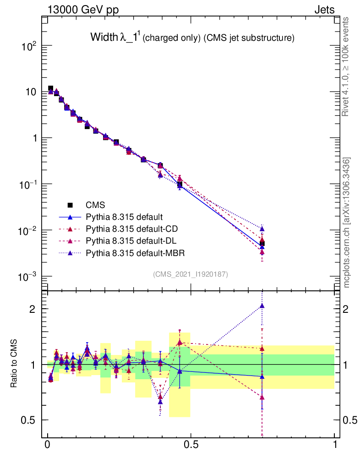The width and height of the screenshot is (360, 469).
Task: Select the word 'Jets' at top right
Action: [x=324, y=10]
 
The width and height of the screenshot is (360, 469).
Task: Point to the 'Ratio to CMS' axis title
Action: [x=14, y=364]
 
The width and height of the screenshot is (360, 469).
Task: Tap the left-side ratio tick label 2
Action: [x=33, y=309]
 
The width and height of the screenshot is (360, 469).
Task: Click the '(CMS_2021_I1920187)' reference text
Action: [x=190, y=274]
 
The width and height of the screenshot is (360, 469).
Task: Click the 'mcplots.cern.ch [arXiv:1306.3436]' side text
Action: [x=347, y=222]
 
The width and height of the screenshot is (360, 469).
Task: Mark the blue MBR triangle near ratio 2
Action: [x=262, y=306]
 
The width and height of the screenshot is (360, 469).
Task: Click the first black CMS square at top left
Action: [x=51, y=88]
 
